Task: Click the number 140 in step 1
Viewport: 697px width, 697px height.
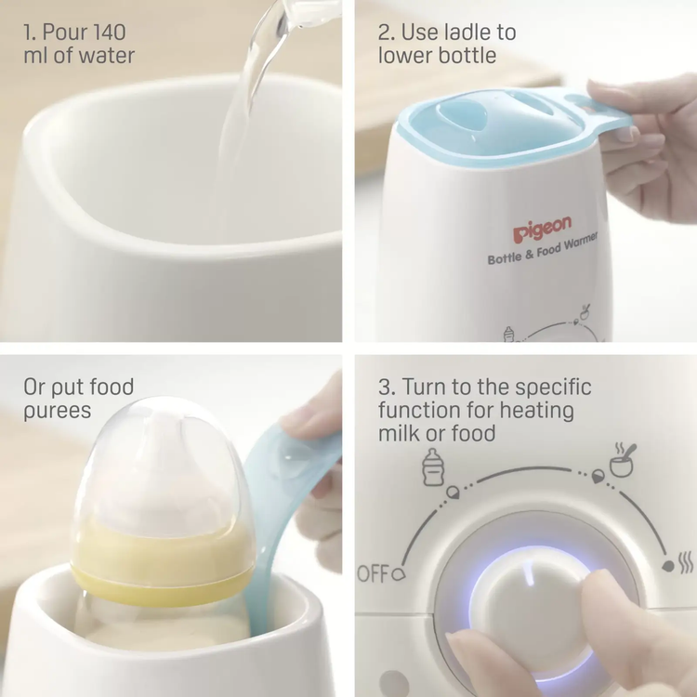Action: pyautogui.click(x=104, y=32)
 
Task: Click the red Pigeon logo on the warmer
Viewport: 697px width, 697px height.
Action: pyautogui.click(x=542, y=230)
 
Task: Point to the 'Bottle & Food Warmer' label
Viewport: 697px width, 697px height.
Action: pyautogui.click(x=543, y=250)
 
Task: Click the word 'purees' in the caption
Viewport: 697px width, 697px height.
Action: pyautogui.click(x=58, y=411)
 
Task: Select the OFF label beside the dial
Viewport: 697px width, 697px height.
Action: pyautogui.click(x=374, y=573)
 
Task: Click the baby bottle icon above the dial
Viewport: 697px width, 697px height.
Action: pyautogui.click(x=433, y=467)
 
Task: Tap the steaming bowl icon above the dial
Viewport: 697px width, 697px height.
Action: pyautogui.click(x=623, y=460)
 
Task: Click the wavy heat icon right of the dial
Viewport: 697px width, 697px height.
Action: pyautogui.click(x=687, y=564)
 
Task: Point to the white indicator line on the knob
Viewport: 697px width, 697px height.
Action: pyautogui.click(x=529, y=574)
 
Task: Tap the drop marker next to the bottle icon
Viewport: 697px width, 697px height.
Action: pyautogui.click(x=453, y=492)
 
